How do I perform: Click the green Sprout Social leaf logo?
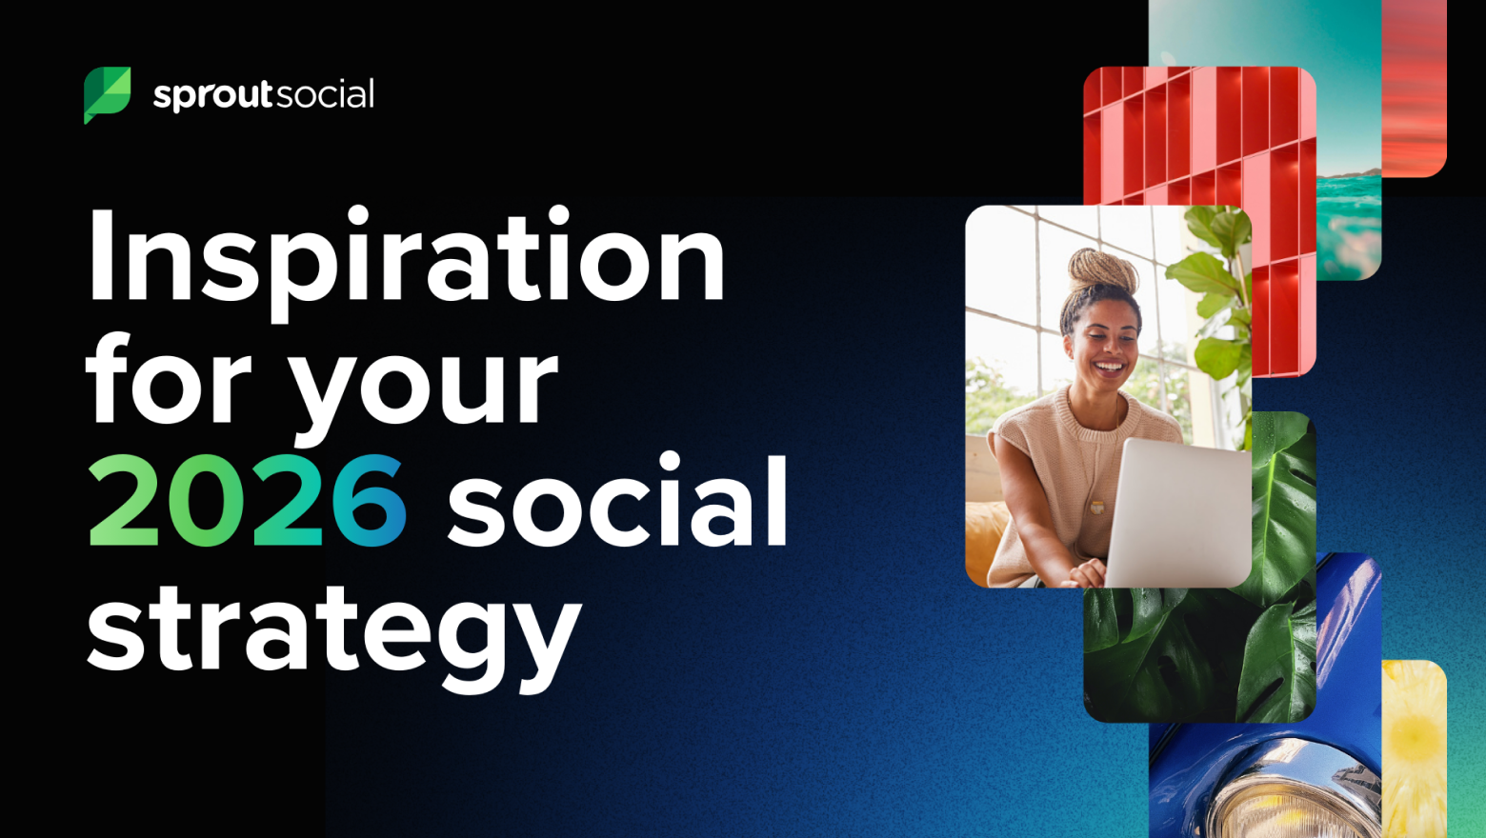click(107, 93)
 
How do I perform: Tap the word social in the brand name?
click(325, 93)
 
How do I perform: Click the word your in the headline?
click(424, 394)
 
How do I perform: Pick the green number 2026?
click(247, 501)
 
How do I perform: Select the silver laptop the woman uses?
click(1178, 511)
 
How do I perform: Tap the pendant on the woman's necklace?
click(1097, 508)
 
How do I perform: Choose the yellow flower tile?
click(1414, 749)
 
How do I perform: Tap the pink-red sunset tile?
click(1414, 87)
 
